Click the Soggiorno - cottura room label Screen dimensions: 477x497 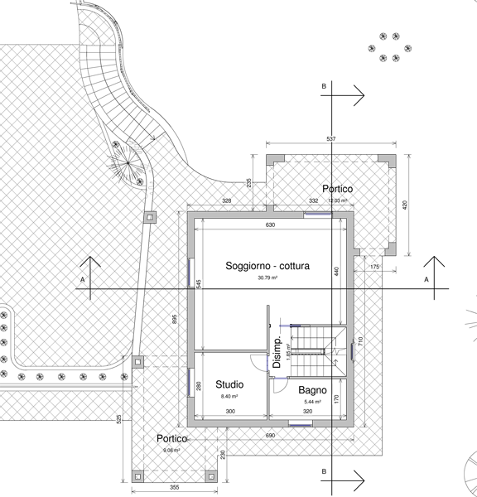point(267,266)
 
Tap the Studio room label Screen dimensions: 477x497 point(229,384)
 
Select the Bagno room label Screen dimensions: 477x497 point(312,390)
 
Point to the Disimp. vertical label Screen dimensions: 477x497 point(277,352)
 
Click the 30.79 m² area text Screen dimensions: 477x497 point(267,277)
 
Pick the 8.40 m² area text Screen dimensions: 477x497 point(229,396)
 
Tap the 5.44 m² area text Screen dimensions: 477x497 point(312,402)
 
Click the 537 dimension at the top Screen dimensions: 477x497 point(331,139)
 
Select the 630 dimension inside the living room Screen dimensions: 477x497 point(270,225)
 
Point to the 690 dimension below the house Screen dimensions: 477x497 point(270,436)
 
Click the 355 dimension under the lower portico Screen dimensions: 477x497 point(175,487)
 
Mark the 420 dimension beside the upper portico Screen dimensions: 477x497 point(404,205)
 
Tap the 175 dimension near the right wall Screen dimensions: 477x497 point(374,267)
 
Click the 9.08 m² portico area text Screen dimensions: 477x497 point(171,451)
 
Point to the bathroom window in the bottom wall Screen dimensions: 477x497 point(301,423)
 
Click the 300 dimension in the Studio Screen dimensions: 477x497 point(230,412)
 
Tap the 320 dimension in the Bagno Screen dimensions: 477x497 point(307,412)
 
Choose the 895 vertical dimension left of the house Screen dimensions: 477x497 point(174,319)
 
